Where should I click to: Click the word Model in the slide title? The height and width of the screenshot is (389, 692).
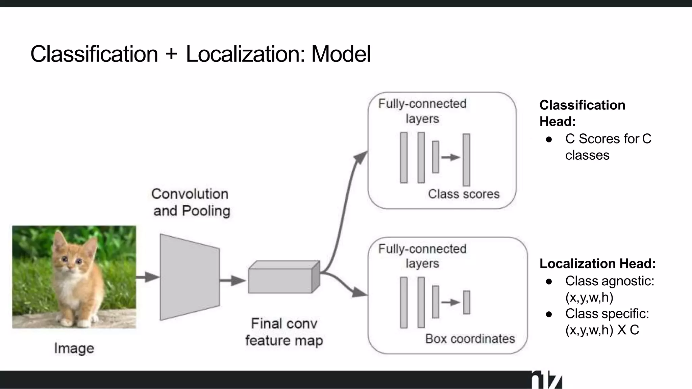click(x=341, y=54)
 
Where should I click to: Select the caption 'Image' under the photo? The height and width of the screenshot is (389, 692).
click(x=74, y=348)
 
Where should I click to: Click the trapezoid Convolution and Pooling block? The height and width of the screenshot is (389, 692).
click(x=190, y=277)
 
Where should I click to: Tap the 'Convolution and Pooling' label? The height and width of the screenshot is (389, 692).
click(x=191, y=202)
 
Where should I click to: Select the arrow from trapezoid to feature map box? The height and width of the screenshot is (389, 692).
click(x=232, y=280)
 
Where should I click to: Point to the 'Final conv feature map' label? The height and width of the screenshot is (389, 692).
click(x=284, y=332)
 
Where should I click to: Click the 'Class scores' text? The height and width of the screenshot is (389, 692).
click(x=464, y=194)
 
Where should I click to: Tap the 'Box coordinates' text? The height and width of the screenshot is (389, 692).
click(x=470, y=339)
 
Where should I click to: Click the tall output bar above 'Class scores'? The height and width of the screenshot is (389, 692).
click(x=466, y=159)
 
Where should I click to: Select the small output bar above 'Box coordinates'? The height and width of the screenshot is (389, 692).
click(x=467, y=302)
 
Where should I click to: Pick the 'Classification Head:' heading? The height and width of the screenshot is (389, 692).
click(x=582, y=113)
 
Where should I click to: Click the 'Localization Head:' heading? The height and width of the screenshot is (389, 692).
click(x=597, y=263)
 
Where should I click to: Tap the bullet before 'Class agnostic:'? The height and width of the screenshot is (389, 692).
click(x=549, y=281)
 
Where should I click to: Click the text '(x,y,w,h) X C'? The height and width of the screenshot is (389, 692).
click(x=602, y=330)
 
